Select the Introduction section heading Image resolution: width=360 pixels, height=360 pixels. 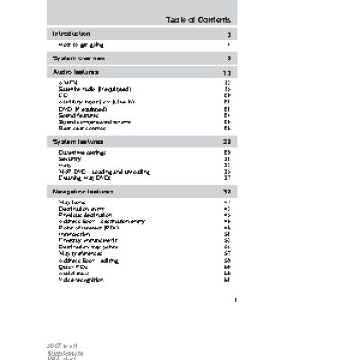click(72, 33)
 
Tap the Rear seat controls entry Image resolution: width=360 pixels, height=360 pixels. click(82, 128)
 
